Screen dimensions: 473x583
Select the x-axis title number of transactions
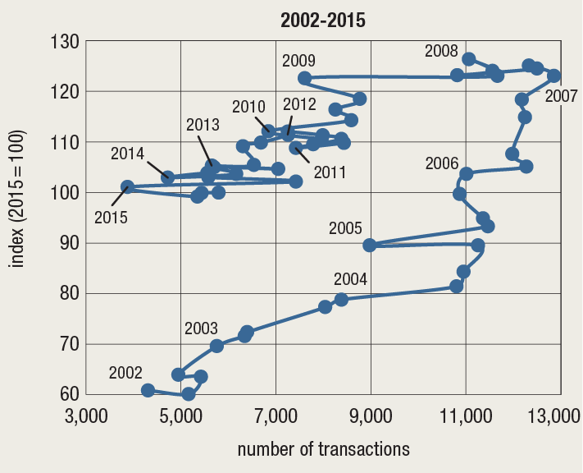pyautogui.click(x=322, y=449)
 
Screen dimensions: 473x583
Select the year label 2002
pyautogui.click(x=125, y=373)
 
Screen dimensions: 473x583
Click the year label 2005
pyautogui.click(x=345, y=227)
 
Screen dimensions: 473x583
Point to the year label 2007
pyautogui.click(x=562, y=96)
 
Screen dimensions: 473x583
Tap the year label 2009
pyautogui.click(x=298, y=60)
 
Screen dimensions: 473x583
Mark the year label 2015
pyautogui.click(x=111, y=218)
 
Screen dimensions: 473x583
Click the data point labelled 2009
pyautogui.click(x=304, y=78)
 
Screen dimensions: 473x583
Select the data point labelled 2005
pyautogui.click(x=370, y=245)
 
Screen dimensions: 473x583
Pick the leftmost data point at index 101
pyautogui.click(x=127, y=187)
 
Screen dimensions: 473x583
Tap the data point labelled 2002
pyautogui.click(x=148, y=390)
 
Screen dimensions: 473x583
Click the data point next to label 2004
pyautogui.click(x=341, y=299)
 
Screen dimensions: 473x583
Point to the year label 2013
pyautogui.click(x=203, y=125)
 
